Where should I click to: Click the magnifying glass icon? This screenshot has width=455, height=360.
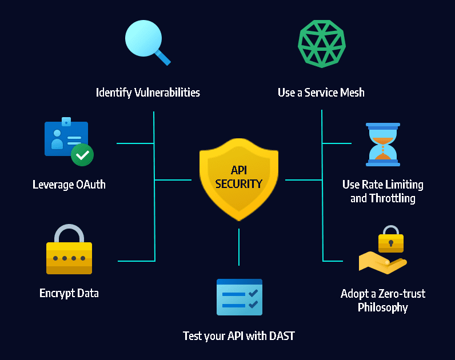coord(146,41)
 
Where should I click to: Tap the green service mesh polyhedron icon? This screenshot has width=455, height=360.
coord(321,43)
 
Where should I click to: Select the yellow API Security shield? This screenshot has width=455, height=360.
coord(238,177)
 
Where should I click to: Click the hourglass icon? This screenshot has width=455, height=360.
coord(383,144)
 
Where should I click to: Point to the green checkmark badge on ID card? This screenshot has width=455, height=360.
coord(82,154)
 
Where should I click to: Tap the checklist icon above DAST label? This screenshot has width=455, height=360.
coord(239,297)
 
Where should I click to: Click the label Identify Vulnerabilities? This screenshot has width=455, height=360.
coord(148,92)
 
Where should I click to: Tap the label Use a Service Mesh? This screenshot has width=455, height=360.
coord(321,92)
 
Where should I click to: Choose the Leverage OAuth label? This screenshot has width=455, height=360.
coord(69,185)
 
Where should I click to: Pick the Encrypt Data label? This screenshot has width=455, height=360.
coord(69,293)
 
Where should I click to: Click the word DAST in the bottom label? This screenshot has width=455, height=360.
coord(281,336)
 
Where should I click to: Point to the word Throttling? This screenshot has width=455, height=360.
coord(392,199)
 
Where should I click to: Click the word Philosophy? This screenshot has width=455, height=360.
coord(383,307)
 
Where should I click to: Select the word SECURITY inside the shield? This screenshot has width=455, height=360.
coord(239,184)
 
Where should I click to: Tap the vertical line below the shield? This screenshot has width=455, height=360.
coord(239,246)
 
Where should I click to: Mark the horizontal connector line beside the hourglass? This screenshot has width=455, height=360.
coord(337,143)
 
